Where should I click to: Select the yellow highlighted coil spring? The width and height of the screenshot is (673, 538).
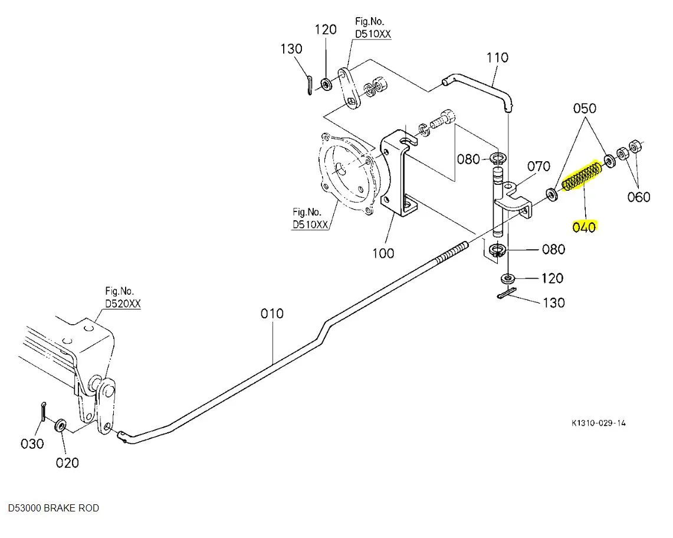pos(581,178)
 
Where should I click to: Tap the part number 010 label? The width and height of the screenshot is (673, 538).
pos(273,314)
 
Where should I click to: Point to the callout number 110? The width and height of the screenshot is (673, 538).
pos(497,58)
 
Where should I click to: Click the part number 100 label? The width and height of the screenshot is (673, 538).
pos(383,253)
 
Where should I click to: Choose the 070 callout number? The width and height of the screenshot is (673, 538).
pos(538,166)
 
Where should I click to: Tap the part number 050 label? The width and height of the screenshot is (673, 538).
pos(585,108)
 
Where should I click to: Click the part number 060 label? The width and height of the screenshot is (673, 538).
pos(639,197)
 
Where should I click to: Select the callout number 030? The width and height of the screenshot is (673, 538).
pos(32,444)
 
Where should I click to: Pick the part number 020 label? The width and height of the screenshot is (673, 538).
pos(67,462)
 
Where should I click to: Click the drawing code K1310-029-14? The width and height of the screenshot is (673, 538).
pos(598,423)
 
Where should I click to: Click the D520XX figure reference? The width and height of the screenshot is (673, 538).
pos(123,304)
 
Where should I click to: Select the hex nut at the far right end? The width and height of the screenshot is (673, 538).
pos(636,145)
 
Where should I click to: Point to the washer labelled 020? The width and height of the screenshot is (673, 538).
pos(60,425)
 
